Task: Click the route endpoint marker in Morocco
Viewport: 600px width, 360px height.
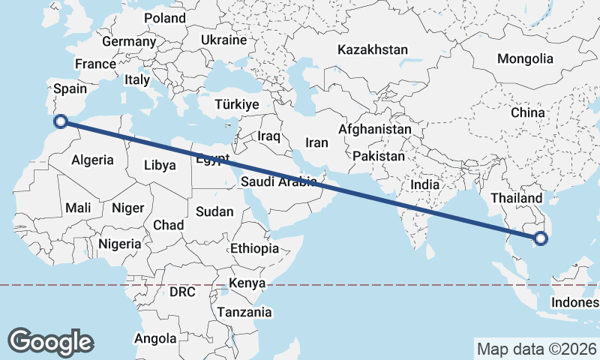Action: (x=62, y=121)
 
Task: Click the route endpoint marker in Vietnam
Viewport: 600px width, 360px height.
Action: (x=541, y=240)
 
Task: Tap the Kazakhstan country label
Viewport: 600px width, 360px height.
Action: (x=373, y=50)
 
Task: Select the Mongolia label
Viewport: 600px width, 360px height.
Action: (x=525, y=58)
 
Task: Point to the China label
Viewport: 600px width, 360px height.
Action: (x=527, y=112)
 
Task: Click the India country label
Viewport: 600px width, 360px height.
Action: (x=425, y=184)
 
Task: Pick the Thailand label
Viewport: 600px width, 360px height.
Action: (x=516, y=198)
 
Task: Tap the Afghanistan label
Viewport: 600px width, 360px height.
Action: (x=375, y=129)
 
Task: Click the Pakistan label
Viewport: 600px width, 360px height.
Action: (x=379, y=157)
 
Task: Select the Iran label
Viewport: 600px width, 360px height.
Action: (x=317, y=142)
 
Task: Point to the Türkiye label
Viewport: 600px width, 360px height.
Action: (x=236, y=104)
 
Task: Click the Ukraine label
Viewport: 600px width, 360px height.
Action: (x=224, y=40)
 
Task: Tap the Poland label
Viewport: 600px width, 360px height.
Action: (x=165, y=17)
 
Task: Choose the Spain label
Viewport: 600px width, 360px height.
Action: (x=71, y=88)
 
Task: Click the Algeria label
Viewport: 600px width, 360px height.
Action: (x=92, y=160)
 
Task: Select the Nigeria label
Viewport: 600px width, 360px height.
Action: (x=119, y=244)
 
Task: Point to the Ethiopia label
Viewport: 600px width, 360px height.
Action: (x=255, y=248)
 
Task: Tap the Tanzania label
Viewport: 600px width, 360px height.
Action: (x=244, y=311)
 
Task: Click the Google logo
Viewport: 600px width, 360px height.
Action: (x=50, y=341)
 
